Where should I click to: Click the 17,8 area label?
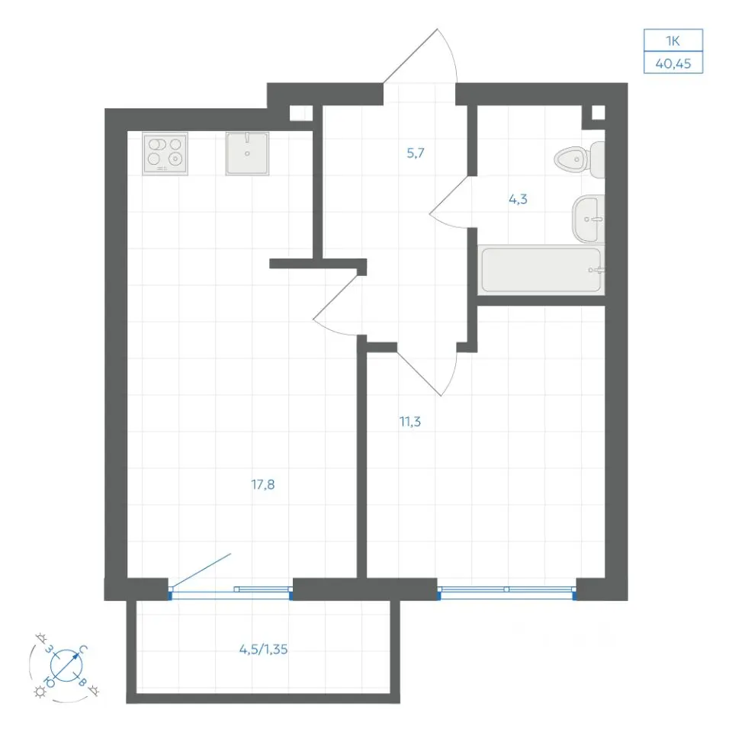263,485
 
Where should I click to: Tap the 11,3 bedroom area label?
410,422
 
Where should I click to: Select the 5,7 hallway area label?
416,152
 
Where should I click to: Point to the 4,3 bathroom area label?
518,199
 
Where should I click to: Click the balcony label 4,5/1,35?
263,650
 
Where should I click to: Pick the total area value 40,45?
673,63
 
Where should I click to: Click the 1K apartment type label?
673,41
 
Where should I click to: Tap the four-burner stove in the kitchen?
165,153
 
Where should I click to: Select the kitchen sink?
247,153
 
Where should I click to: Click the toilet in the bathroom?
580,159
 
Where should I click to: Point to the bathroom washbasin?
588,220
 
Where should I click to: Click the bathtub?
541,270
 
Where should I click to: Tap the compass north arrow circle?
66,664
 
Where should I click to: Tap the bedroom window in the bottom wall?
506,592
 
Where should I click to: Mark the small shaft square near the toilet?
598,113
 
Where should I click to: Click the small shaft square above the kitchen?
300,114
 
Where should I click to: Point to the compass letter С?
83,650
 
